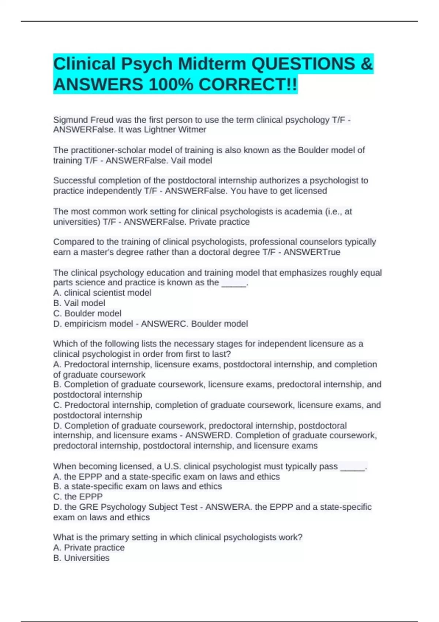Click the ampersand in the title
pyautogui.click(x=366, y=64)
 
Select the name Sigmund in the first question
pyautogui.click(x=70, y=120)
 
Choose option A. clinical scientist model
pyautogui.click(x=102, y=293)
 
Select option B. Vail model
pyautogui.click(x=79, y=303)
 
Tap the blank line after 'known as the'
pyautogui.click(x=234, y=283)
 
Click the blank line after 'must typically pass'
pyautogui.click(x=353, y=466)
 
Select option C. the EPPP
pyautogui.click(x=78, y=497)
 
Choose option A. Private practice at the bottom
pyautogui.click(x=89, y=548)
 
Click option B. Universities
pyautogui.click(x=81, y=558)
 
